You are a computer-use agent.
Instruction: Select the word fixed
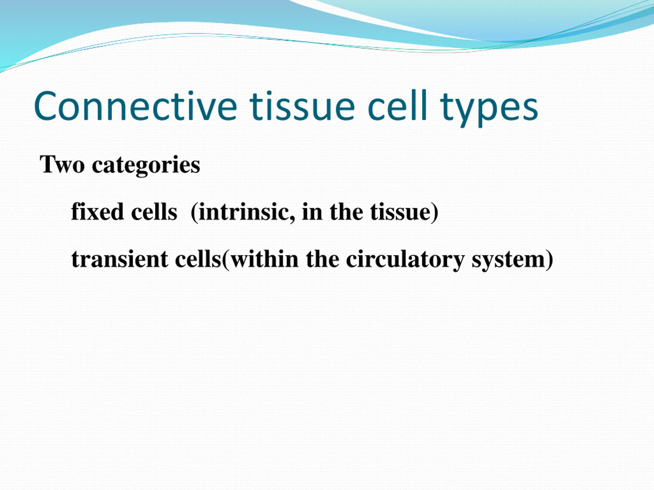97,212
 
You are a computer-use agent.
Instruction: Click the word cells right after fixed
154,212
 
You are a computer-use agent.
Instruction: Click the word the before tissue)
346,212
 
